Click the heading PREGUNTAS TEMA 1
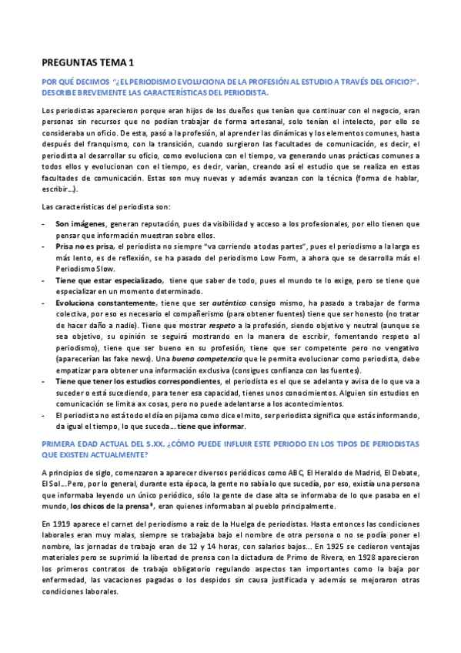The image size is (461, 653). [x=98, y=63]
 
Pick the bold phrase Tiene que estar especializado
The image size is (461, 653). [x=109, y=280]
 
